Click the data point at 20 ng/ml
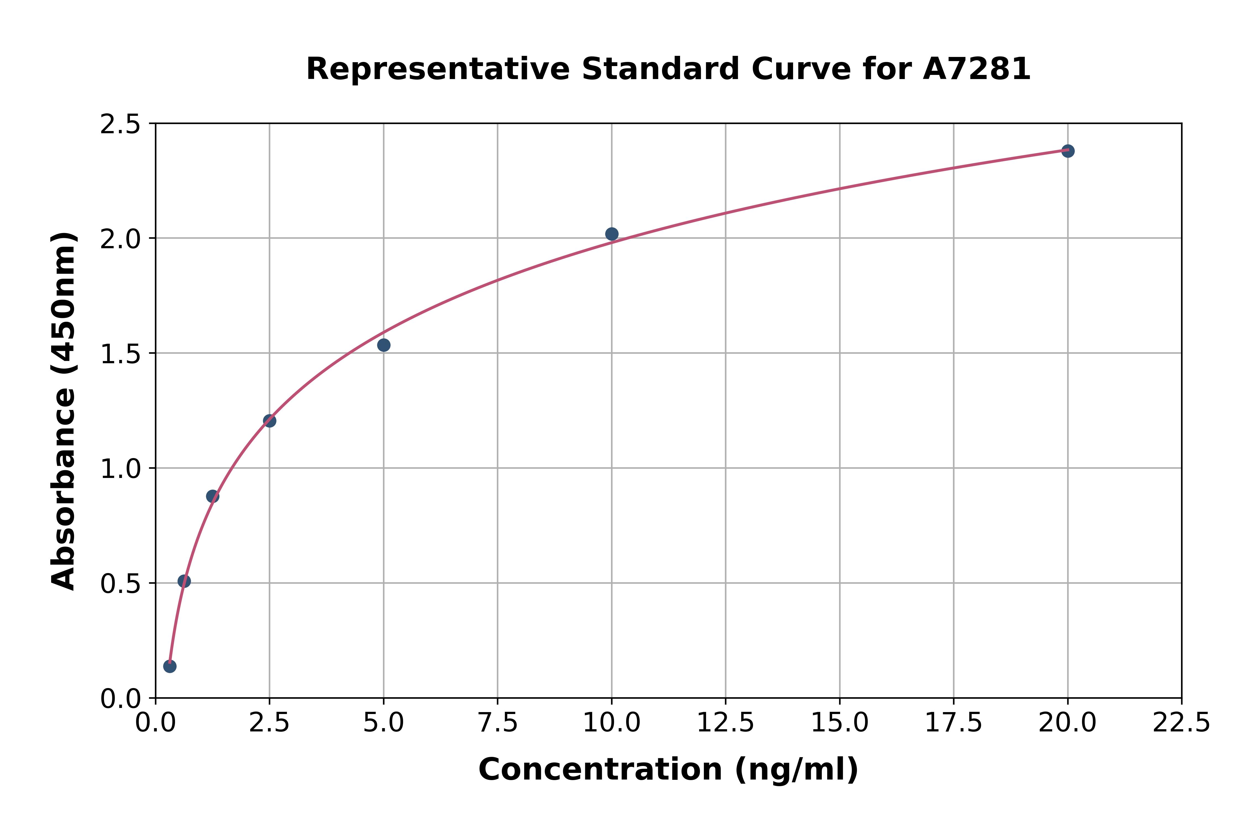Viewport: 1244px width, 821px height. click(x=1068, y=151)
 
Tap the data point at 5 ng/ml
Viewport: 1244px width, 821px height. click(x=384, y=345)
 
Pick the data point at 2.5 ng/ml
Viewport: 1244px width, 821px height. click(x=270, y=420)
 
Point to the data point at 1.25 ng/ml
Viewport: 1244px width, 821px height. click(x=213, y=496)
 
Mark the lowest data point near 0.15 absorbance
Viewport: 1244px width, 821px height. click(x=170, y=666)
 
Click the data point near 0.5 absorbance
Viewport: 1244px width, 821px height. click(x=184, y=581)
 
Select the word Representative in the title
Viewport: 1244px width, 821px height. click(x=438, y=69)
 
